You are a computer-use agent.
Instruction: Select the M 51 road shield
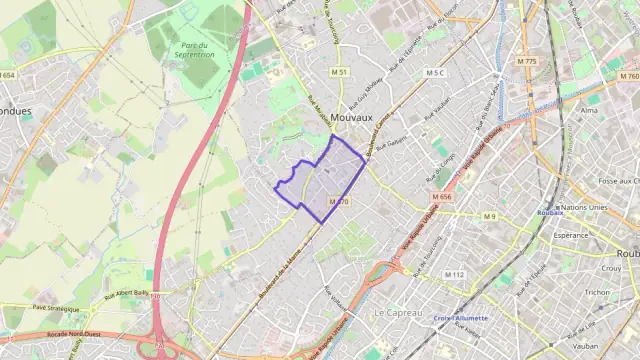tap(339, 71)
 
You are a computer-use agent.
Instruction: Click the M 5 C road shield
tap(433, 73)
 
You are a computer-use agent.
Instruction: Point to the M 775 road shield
tap(527, 62)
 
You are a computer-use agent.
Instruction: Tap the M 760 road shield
tap(628, 76)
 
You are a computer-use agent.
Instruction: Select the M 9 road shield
tap(489, 216)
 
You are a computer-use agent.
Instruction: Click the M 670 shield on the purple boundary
tap(339, 202)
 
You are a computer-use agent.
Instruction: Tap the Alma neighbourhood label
tap(590, 111)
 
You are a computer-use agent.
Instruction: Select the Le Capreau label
tap(394, 312)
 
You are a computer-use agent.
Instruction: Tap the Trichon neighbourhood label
tap(597, 292)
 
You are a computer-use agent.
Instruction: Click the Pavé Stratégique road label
tap(54, 308)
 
